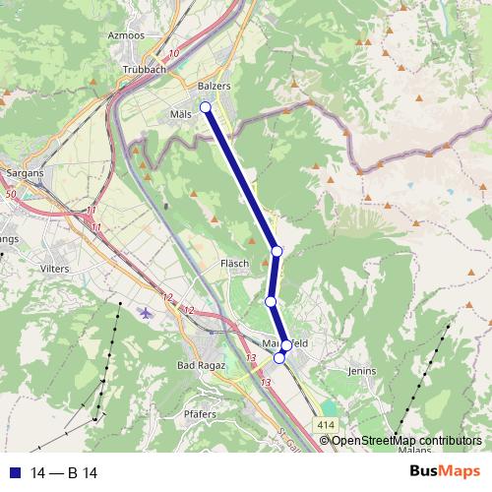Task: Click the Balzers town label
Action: pyautogui.click(x=214, y=87)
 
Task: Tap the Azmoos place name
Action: pyautogui.click(x=126, y=34)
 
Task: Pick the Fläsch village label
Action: pyautogui.click(x=234, y=264)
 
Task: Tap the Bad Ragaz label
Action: pyautogui.click(x=201, y=365)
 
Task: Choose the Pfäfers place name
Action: pyautogui.click(x=200, y=416)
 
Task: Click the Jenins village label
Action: pyautogui.click(x=362, y=372)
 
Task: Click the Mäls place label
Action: pyautogui.click(x=181, y=113)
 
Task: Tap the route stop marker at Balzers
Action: pyautogui.click(x=206, y=107)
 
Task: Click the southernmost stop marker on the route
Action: pyautogui.click(x=279, y=359)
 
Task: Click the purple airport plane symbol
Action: pyautogui.click(x=148, y=314)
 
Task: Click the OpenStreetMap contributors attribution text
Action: pyautogui.click(x=405, y=441)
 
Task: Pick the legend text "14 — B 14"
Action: pyautogui.click(x=63, y=470)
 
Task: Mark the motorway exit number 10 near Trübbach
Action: pyautogui.click(x=174, y=53)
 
